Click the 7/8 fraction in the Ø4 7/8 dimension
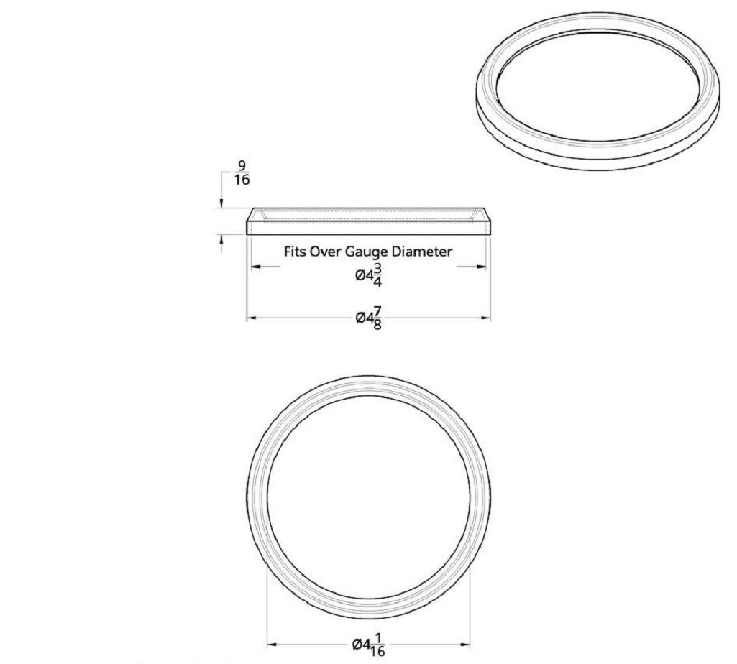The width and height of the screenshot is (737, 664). tap(377, 316)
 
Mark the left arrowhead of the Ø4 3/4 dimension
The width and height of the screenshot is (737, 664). tap(253, 267)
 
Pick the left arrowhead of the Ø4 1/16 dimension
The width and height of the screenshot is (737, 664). tap(271, 645)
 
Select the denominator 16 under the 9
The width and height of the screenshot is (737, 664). tap(242, 180)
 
